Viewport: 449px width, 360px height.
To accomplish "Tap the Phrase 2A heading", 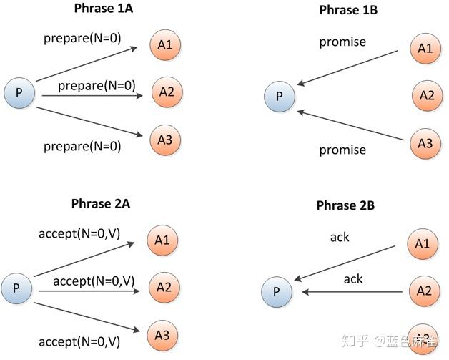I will click(x=102, y=203).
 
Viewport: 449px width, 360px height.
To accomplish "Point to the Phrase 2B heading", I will click(x=345, y=205).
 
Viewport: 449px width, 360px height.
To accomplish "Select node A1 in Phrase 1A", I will click(x=165, y=45).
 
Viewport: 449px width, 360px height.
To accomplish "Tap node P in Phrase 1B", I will click(x=279, y=96).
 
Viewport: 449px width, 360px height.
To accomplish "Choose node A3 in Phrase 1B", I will click(x=425, y=143).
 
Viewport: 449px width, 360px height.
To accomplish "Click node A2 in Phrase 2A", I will click(x=164, y=287).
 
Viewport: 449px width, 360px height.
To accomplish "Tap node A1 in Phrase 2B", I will click(x=423, y=244).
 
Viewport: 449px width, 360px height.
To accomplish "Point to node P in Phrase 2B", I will click(x=277, y=291).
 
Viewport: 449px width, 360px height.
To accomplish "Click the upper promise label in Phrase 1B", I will click(x=342, y=42).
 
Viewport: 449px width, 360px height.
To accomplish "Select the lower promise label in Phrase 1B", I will click(x=342, y=150).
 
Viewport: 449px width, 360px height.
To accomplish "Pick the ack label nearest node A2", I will click(x=353, y=278).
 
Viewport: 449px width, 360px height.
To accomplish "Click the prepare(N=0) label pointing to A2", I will click(x=97, y=86).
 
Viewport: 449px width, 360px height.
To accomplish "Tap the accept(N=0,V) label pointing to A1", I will click(x=76, y=233).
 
